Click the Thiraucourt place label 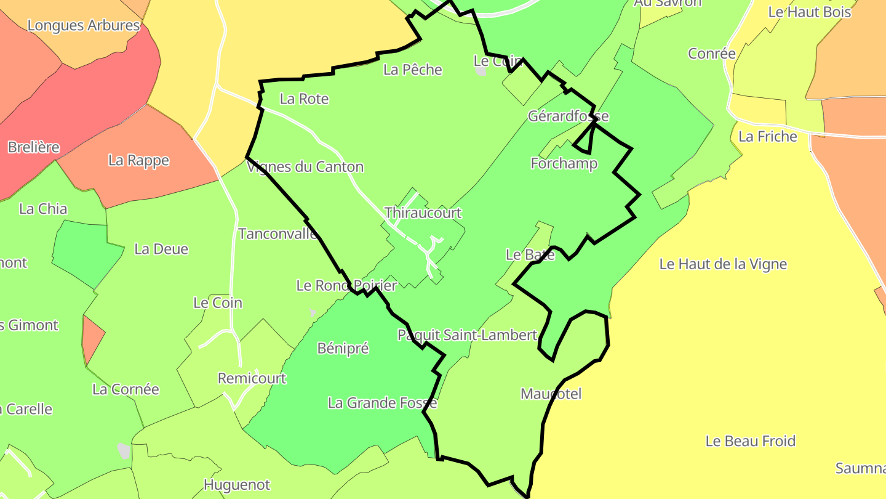pos(423,213)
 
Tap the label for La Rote pos(304,99)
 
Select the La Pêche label pos(412,70)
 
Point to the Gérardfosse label pos(568,116)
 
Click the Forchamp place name pos(564,164)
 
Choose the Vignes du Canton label pos(305,167)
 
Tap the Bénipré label pos(343,348)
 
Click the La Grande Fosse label pos(382,403)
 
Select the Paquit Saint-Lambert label pos(467,335)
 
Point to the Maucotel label pos(551,394)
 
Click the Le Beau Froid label pos(750,441)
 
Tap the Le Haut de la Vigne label pos(723,264)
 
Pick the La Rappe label pos(138,160)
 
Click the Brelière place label pos(33,147)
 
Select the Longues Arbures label pos(84,26)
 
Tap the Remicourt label pos(252,378)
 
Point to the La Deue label pos(161,249)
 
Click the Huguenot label pos(236,485)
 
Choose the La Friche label pos(767,136)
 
